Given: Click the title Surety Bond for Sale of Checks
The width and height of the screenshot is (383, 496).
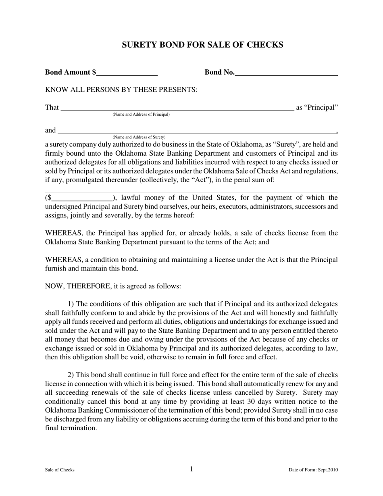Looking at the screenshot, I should click(202, 45).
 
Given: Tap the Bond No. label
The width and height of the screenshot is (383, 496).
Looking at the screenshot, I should click(219, 73).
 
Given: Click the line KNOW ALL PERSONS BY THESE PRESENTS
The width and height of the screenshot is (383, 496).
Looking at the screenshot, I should click(121, 90).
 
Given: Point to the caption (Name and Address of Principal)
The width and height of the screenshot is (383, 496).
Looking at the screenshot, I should click(141, 115).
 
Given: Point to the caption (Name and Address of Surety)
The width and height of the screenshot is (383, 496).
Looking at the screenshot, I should click(139, 137).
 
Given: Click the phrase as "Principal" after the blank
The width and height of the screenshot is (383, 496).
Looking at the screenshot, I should click(317, 108).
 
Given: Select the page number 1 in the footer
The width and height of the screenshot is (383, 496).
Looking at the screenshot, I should click(191, 469).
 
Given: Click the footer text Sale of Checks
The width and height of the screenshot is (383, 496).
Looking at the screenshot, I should click(60, 470).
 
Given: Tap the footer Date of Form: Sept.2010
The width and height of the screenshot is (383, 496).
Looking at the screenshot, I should click(313, 470).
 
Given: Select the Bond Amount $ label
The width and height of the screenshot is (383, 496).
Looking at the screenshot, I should click(71, 73).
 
